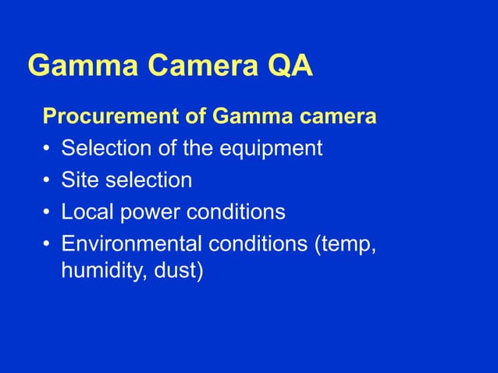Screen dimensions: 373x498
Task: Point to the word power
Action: point(145,212)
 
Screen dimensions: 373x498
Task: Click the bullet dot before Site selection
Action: point(48,181)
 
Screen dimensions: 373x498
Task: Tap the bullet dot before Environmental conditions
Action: point(48,244)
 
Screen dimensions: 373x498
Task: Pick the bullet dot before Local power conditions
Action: point(48,212)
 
